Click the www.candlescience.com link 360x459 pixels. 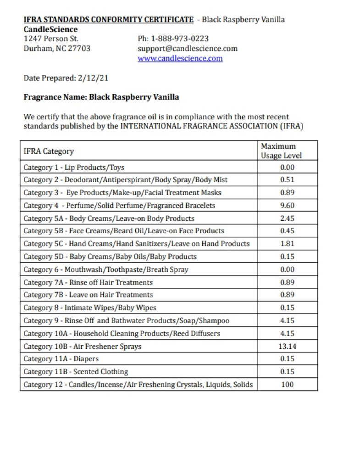180,58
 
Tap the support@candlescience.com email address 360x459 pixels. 187,48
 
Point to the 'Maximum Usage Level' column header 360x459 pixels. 281,151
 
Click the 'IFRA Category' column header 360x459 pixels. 49,151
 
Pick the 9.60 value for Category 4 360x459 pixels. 287,205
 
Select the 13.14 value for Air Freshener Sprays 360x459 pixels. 287,346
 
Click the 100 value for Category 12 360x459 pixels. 287,384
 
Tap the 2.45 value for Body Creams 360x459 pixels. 287,218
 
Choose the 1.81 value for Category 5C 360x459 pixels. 287,244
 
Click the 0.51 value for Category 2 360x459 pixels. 287,180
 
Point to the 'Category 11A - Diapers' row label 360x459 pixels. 61,359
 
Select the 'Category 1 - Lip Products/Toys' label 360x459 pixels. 74,168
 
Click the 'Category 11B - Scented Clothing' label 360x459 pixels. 76,372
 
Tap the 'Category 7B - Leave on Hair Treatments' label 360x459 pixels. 88,295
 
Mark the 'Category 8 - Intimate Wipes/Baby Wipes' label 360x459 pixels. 90,308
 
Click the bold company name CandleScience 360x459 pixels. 50,29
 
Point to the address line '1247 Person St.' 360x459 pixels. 51,39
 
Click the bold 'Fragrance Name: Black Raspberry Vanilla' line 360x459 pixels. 101,97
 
